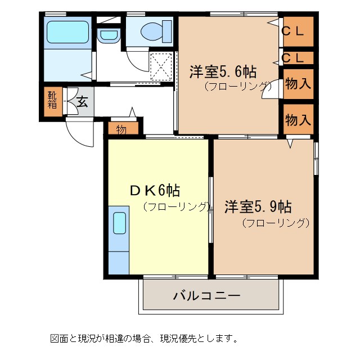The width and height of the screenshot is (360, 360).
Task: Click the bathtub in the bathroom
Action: pyautogui.click(x=66, y=32)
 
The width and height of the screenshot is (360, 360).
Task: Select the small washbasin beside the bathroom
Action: pyautogui.click(x=106, y=35)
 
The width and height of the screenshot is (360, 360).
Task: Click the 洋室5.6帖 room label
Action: pyautogui.click(x=223, y=72)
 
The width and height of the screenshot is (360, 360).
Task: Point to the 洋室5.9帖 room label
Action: pyautogui.click(x=258, y=206)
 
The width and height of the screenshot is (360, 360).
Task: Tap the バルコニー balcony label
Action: pyautogui.click(x=206, y=295)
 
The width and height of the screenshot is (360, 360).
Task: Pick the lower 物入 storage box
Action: pyautogui.click(x=298, y=119)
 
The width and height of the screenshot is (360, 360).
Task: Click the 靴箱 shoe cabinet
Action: pyautogui.click(x=52, y=100)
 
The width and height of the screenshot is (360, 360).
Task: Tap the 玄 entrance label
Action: pyautogui.click(x=82, y=102)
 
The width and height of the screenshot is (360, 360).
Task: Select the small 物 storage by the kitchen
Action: pyautogui.click(x=121, y=129)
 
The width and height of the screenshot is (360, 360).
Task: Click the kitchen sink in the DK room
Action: pyautogui.click(x=119, y=223)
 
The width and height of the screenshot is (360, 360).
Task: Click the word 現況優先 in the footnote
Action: pyautogui.click(x=199, y=339)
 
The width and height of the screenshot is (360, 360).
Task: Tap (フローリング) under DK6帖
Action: pyautogui.click(x=176, y=206)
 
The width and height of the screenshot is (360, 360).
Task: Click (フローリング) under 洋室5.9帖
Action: pyautogui.click(x=276, y=223)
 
